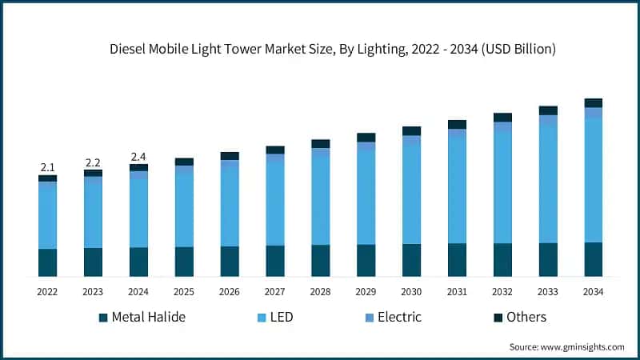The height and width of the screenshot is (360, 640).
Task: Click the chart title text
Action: (x=332, y=50)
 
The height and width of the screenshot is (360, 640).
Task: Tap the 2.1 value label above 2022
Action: (x=47, y=167)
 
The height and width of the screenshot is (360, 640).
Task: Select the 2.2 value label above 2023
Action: (x=93, y=162)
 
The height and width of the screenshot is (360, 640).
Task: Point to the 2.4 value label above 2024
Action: (x=138, y=157)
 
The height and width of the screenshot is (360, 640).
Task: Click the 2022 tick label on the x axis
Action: (x=47, y=293)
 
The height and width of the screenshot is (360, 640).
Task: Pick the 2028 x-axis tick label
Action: (x=320, y=293)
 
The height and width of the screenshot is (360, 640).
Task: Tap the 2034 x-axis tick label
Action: (x=593, y=293)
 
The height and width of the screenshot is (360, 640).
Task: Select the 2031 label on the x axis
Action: (x=457, y=293)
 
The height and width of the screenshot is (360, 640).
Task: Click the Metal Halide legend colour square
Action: (x=103, y=318)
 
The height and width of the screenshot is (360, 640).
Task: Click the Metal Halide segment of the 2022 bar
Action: (x=47, y=262)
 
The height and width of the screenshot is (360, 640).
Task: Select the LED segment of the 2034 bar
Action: (x=593, y=180)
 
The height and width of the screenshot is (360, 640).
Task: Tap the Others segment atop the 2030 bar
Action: (x=411, y=130)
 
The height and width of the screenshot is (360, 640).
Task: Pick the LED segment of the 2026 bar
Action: (x=230, y=204)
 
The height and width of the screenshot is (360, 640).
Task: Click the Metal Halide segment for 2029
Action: (x=366, y=260)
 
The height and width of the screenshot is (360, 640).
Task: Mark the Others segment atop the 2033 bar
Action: (x=548, y=110)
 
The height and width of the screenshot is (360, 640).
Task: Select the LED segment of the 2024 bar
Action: (x=138, y=210)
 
